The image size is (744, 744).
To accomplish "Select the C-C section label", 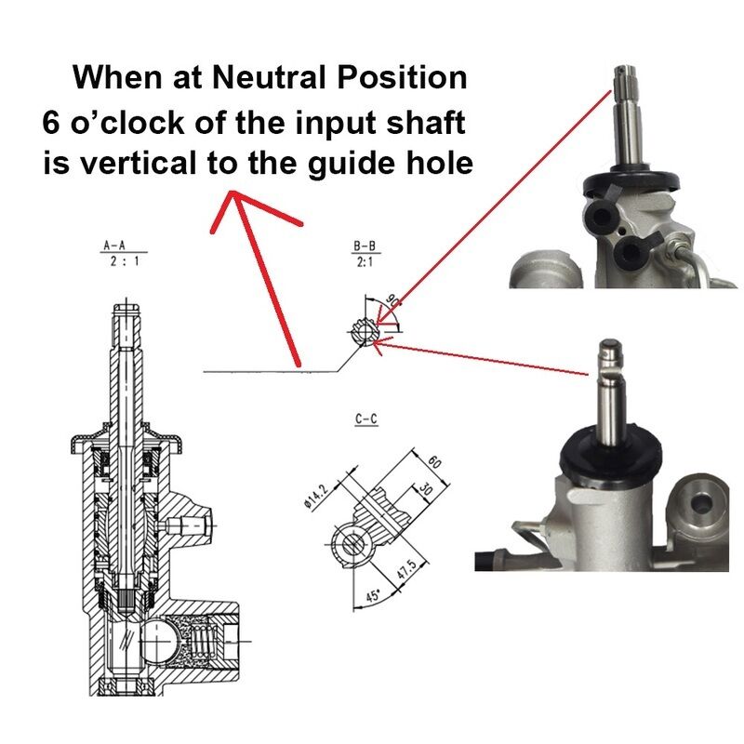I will [366, 420].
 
